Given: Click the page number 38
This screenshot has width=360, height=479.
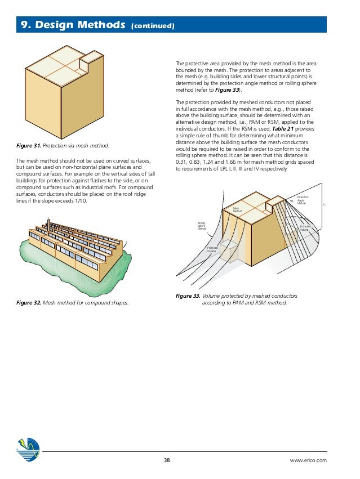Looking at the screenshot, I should click(166, 460).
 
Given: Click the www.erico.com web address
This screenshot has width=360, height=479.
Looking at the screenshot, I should click(308, 460).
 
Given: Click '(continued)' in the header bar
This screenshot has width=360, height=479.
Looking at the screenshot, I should click(153, 26).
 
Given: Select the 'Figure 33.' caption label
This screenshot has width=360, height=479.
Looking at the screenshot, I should click(188, 296).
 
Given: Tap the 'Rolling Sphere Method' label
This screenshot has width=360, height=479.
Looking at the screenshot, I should click(201, 226).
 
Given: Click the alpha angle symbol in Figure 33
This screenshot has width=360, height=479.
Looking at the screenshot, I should click(292, 200).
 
